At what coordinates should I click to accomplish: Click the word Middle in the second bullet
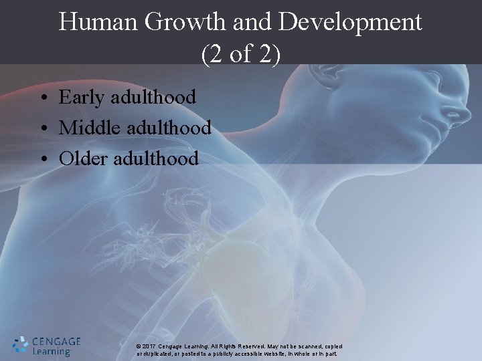88,127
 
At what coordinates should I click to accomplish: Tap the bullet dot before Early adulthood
42,99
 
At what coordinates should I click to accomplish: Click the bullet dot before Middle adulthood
42,129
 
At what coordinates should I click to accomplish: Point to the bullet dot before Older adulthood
42,160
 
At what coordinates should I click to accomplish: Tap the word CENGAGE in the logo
56,341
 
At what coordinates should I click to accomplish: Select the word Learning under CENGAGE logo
52,352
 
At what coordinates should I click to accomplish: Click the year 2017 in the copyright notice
149,346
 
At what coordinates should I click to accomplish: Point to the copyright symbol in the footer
138,346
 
